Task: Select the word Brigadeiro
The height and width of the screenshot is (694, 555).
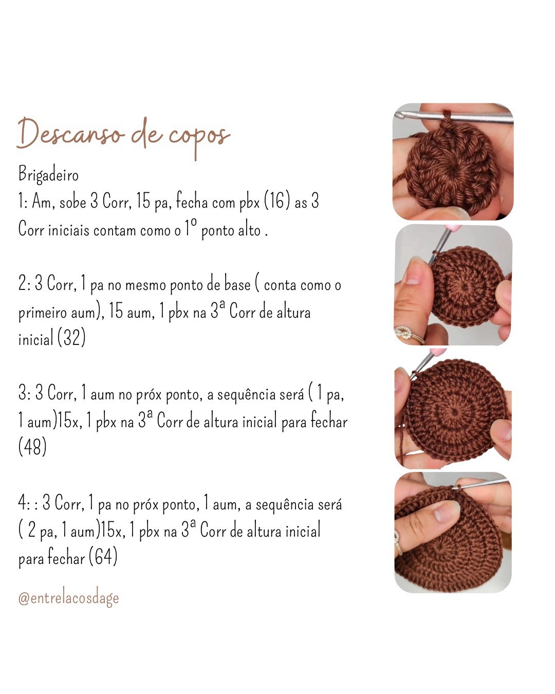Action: tap(48, 175)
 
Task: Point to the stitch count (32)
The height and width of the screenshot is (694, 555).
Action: tap(71, 338)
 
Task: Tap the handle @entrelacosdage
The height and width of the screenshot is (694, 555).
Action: tap(68, 598)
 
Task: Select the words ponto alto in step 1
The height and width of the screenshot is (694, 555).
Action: tap(231, 230)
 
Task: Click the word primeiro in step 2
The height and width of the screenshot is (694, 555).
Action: tap(43, 312)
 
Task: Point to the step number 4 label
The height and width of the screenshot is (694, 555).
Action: tap(24, 503)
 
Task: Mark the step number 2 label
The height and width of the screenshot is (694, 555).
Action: tap(24, 284)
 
